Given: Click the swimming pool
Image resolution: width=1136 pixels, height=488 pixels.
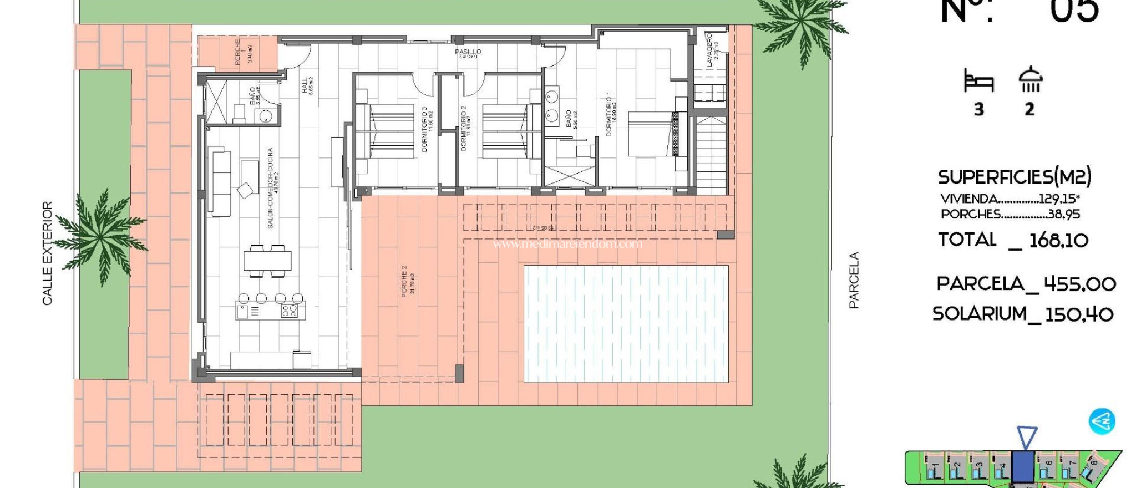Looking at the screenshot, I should pyautogui.click(x=626, y=324).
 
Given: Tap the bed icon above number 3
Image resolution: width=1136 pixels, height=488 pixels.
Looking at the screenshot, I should pyautogui.click(x=978, y=81).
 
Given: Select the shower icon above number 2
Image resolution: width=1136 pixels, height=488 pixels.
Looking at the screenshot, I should pyautogui.click(x=1030, y=80).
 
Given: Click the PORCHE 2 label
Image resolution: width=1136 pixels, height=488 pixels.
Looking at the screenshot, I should pyautogui.click(x=408, y=282).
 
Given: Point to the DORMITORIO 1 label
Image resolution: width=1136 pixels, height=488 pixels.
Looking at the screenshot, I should pyautogui.click(x=611, y=114).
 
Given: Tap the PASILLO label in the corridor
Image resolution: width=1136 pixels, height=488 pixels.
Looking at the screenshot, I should pyautogui.click(x=468, y=53).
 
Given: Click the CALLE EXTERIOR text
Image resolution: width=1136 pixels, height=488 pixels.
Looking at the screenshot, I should pyautogui.click(x=48, y=253).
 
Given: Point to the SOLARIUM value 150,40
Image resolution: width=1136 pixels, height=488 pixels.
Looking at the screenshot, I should pyautogui.click(x=1079, y=314).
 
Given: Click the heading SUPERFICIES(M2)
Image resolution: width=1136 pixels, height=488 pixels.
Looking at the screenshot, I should pyautogui.click(x=1015, y=177).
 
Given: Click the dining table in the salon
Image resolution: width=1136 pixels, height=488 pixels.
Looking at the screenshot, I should pyautogui.click(x=267, y=260).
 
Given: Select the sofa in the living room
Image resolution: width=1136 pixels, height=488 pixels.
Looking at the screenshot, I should pyautogui.click(x=220, y=181).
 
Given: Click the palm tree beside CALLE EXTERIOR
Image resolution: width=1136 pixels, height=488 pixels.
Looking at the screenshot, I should pyautogui.click(x=102, y=236).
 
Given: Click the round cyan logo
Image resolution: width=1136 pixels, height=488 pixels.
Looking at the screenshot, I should pyautogui.click(x=1102, y=421).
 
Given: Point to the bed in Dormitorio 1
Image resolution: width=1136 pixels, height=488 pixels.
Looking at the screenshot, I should pyautogui.click(x=652, y=134).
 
